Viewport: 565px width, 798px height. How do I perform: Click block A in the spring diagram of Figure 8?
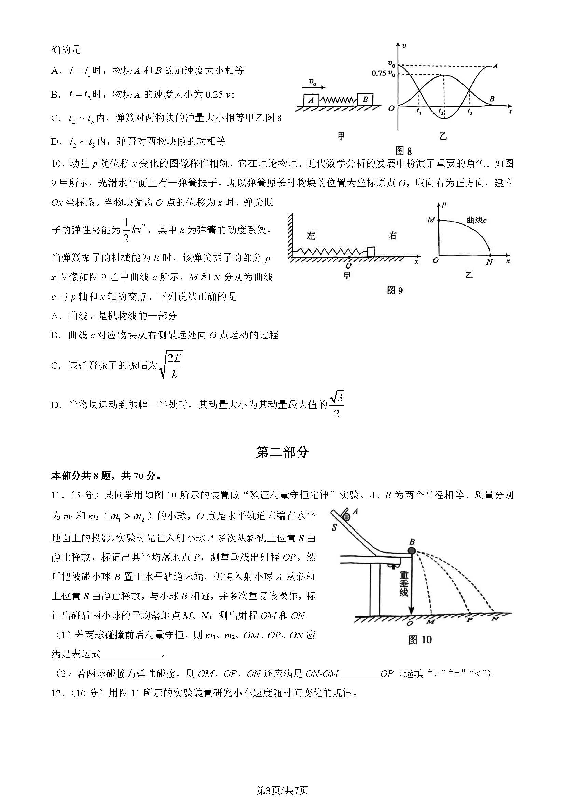(x=311, y=100)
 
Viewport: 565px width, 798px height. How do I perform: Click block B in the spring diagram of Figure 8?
(x=365, y=100)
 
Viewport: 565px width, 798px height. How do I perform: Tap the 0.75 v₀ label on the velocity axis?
(x=383, y=74)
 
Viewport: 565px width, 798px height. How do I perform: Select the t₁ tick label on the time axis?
(x=419, y=112)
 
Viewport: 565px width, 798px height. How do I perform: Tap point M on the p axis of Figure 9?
(x=439, y=220)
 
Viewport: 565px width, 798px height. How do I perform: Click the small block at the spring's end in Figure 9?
(x=371, y=251)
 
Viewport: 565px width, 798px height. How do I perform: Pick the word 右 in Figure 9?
(x=392, y=236)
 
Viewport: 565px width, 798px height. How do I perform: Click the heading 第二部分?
(x=282, y=452)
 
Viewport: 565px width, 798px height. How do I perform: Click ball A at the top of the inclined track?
(x=347, y=517)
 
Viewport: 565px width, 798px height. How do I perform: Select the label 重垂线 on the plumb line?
(x=403, y=584)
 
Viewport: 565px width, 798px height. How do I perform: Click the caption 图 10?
(x=419, y=639)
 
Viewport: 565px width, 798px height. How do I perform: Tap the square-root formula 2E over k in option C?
(x=171, y=365)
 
